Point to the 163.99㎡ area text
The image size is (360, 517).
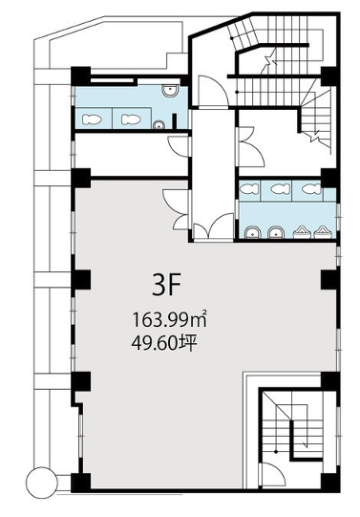point(170,319)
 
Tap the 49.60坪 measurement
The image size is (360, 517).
point(164,343)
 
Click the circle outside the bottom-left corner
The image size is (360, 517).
point(42,483)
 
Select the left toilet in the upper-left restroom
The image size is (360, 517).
point(92,119)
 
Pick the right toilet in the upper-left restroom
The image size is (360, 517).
point(131,119)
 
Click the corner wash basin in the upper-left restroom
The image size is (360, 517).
point(170,91)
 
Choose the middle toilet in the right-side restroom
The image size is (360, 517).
point(281,189)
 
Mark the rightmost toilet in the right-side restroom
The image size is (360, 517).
point(311,189)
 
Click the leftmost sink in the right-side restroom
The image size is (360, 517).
point(253,232)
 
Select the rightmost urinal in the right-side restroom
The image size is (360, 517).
point(322,232)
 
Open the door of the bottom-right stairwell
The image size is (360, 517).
point(272,474)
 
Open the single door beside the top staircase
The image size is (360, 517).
point(213,91)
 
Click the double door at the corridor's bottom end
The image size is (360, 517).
point(214,226)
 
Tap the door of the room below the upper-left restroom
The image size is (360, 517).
point(179,146)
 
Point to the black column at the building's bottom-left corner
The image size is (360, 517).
point(81,483)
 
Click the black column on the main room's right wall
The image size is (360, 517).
point(330,280)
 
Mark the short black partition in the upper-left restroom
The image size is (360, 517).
point(175,121)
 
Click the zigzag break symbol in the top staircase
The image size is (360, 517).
point(271,60)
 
